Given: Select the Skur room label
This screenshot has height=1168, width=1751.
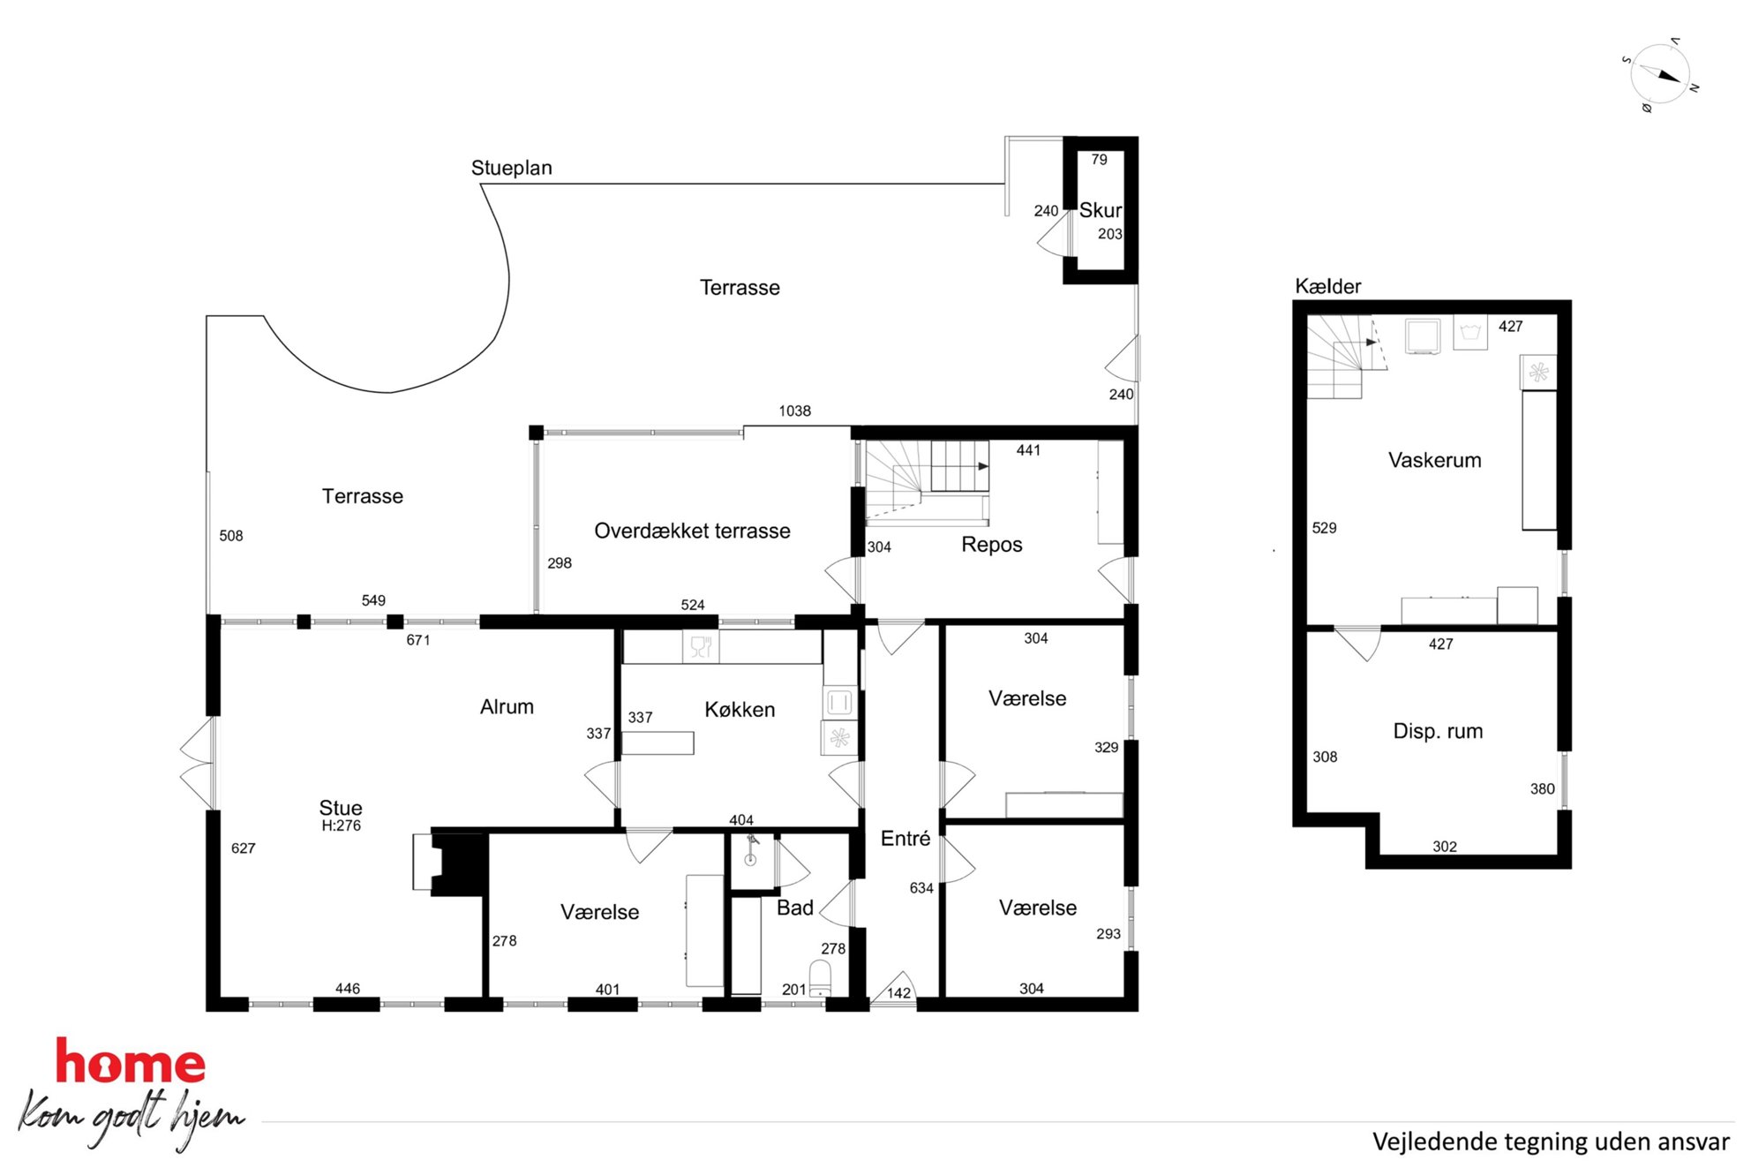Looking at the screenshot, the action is [1101, 210].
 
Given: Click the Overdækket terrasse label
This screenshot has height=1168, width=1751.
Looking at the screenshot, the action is [692, 531].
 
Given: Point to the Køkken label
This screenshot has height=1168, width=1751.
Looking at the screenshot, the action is [740, 709].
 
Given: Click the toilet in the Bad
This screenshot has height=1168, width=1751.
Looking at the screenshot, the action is [821, 978].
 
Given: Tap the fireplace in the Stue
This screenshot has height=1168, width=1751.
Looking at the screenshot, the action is [450, 863].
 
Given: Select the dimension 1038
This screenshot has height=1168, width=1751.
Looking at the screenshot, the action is [794, 411].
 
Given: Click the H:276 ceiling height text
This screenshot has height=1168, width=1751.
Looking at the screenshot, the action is [341, 826].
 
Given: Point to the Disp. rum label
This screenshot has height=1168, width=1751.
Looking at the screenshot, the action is [1438, 731].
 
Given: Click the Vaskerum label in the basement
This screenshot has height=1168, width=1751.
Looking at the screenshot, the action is [1434, 460].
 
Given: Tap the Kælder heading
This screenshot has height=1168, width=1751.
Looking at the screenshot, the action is [1327, 286].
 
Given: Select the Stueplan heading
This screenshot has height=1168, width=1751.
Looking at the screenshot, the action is [511, 168].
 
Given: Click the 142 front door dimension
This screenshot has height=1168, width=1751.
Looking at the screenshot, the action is [898, 993].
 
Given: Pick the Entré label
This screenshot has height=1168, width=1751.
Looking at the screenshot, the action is [906, 839].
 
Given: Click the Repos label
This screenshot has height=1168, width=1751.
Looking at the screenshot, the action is [992, 545].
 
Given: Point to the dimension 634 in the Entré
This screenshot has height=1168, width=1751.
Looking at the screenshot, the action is [921, 888].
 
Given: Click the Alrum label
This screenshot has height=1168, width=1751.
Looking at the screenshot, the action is [507, 706].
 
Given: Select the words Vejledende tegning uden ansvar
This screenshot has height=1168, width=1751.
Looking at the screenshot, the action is [1551, 1142].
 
